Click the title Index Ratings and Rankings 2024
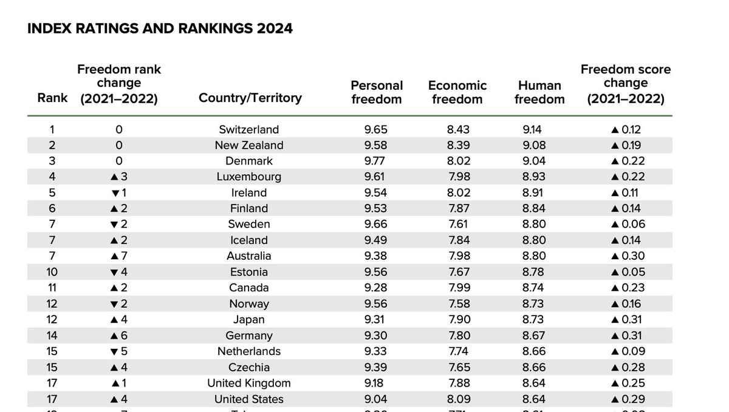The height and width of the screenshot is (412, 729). point(160,29)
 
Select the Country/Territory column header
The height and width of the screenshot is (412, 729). point(250,98)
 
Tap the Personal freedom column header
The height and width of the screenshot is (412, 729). point(377,92)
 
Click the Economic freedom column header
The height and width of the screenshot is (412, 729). point(457,92)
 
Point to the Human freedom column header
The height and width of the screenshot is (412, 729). point(539,92)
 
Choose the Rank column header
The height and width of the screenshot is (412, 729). point(52,98)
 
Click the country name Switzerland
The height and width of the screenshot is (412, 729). point(249,129)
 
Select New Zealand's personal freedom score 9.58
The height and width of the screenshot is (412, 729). point(375,145)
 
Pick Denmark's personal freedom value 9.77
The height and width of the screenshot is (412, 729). point(375,161)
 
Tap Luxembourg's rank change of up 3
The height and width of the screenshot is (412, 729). point(118,177)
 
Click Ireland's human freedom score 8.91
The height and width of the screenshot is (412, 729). point(534,192)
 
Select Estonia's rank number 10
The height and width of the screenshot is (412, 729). point(52,272)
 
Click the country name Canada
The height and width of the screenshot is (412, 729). point(249,288)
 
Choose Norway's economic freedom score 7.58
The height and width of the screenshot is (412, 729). point(457,303)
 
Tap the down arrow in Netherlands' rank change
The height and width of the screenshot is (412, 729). point(114,351)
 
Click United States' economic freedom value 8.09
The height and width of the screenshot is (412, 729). point(457,399)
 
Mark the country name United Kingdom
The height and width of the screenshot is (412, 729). point(249,383)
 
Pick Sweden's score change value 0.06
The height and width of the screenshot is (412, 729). point(631,224)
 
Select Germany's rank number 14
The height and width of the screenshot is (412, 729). point(52,336)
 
